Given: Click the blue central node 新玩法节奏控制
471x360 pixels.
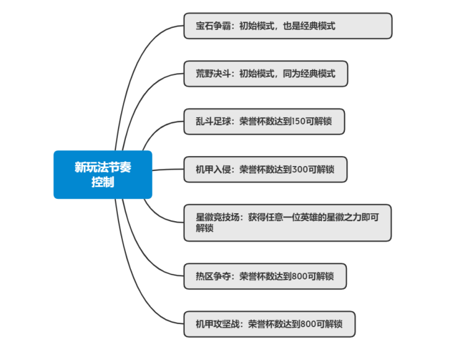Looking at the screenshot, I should (x=102, y=175).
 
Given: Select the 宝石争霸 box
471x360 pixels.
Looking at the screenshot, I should (x=287, y=26).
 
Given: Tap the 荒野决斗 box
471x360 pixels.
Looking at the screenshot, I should (x=265, y=74).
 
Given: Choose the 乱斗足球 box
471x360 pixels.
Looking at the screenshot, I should (x=264, y=121).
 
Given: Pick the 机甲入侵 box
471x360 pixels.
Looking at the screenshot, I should (x=265, y=169).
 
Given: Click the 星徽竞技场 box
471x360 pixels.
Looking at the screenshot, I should (x=287, y=222).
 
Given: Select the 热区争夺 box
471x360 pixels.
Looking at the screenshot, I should (x=265, y=276).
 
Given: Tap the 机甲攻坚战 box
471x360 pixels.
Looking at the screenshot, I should (x=269, y=324).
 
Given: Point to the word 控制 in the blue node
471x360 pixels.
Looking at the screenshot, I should (x=102, y=183).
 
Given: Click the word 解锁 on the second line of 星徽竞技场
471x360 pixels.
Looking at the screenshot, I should (x=205, y=228).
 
